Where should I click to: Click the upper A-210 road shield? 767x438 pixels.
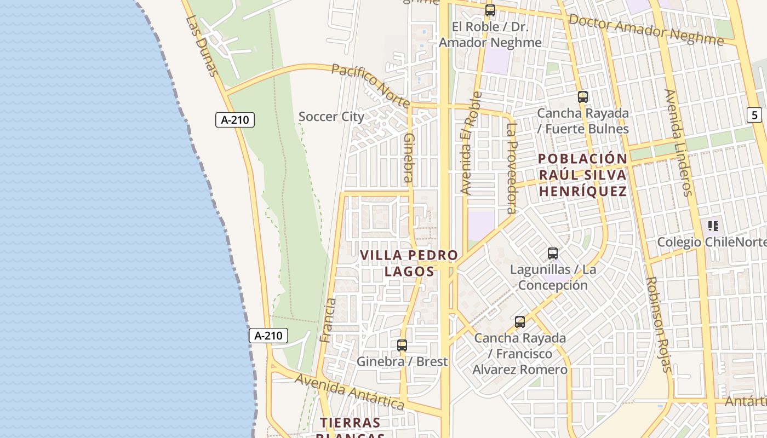(x=235, y=120)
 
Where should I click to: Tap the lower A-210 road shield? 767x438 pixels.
(x=268, y=336)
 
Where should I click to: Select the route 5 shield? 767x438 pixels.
(x=755, y=115)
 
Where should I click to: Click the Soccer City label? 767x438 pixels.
(x=331, y=117)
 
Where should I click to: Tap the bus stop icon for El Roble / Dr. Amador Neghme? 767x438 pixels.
(x=490, y=10)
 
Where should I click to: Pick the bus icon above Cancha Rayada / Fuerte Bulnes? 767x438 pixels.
(x=583, y=97)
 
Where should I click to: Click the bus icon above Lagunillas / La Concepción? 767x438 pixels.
(x=553, y=253)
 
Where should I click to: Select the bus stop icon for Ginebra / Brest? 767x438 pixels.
(x=402, y=345)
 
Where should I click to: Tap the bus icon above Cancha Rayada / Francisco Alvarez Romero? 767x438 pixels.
(x=520, y=322)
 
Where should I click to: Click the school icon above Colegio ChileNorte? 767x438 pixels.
(x=713, y=226)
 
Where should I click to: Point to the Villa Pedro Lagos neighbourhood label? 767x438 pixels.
(x=409, y=263)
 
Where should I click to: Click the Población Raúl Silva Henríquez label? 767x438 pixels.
(x=582, y=175)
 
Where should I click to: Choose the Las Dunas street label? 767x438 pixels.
(x=202, y=46)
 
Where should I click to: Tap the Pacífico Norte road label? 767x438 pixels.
(x=371, y=85)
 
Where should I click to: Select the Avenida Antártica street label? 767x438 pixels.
(x=350, y=391)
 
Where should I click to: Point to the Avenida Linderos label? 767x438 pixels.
(x=679, y=142)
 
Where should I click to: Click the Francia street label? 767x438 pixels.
(x=328, y=320)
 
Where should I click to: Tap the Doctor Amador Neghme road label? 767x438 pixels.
(x=646, y=30)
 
